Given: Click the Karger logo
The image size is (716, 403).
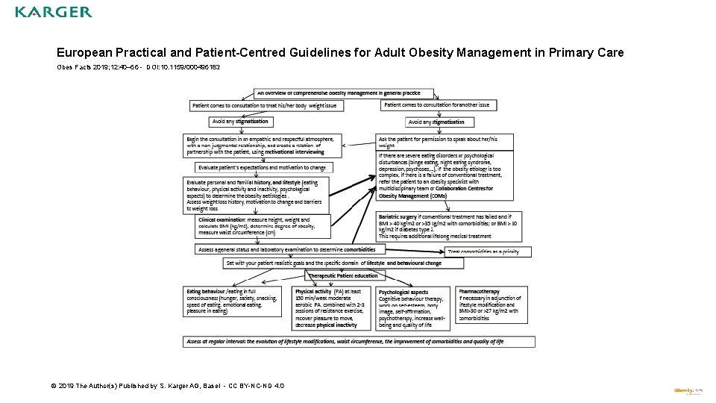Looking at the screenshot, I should (54, 12).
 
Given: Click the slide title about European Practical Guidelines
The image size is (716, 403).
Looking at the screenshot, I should (340, 53).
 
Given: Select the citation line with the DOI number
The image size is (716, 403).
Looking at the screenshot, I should (138, 67).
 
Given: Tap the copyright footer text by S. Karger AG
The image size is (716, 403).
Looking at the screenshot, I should (167, 386).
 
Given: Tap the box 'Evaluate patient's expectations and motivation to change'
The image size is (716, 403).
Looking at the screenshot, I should (263, 168).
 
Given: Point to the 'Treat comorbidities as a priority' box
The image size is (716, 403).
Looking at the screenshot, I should (489, 252).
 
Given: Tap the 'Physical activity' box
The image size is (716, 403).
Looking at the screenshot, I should (332, 307).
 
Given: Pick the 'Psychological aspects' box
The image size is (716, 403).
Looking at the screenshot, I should (413, 308).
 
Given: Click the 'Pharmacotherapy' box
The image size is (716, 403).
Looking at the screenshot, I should (492, 304).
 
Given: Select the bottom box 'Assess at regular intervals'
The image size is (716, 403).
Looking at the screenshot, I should (359, 342).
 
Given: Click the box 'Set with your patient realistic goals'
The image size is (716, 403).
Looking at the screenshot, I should (333, 263).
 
